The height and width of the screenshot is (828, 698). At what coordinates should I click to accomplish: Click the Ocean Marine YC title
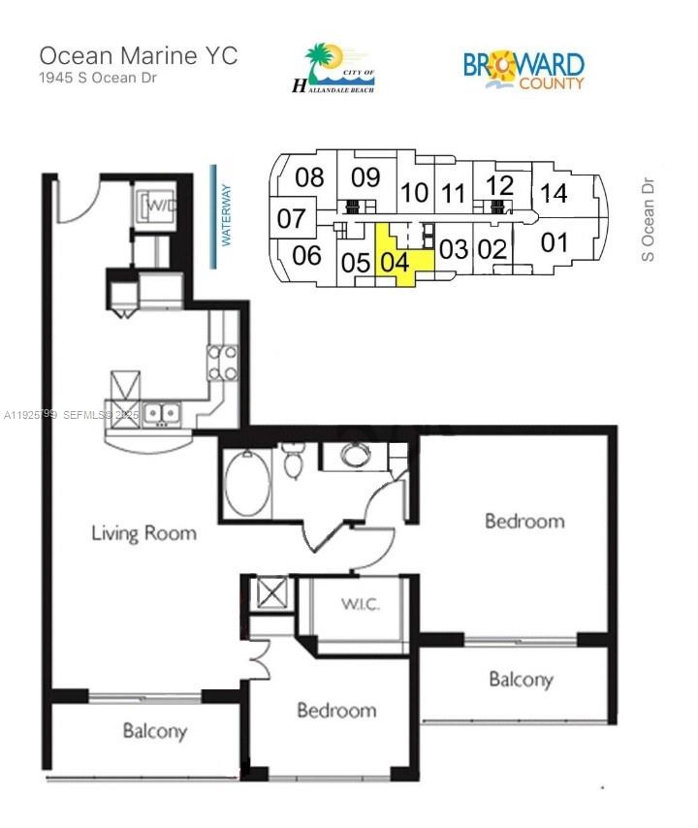(138, 54)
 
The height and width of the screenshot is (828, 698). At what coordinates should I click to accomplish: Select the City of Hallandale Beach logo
(333, 69)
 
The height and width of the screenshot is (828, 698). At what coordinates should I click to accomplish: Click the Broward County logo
(523, 70)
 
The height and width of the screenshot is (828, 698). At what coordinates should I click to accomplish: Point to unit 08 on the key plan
(309, 177)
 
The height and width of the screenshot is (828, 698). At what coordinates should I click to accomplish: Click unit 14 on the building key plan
(554, 193)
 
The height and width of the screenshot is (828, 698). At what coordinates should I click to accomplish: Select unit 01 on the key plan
(554, 241)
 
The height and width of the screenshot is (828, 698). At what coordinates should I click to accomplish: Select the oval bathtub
(247, 481)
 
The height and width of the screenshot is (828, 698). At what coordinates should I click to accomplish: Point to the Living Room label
(143, 532)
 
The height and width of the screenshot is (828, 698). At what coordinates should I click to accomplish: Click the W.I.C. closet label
(359, 605)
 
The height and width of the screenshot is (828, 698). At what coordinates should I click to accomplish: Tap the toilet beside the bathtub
(292, 462)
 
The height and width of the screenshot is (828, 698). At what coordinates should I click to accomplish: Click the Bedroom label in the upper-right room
(523, 521)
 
